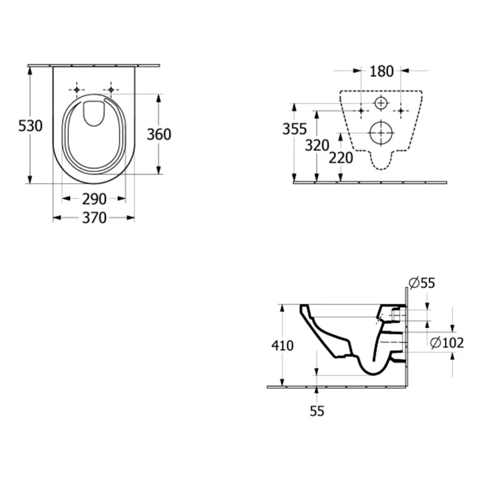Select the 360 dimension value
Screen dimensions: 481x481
coord(159,134)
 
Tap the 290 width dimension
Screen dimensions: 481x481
coord(94,199)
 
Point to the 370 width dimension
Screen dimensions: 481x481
coord(94,218)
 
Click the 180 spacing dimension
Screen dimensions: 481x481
coord(381,71)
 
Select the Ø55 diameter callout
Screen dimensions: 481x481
coord(422,283)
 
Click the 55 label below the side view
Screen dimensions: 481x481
coord(317,412)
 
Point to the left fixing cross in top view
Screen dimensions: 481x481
coord(78,90)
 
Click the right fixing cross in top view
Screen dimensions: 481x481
coord(111,90)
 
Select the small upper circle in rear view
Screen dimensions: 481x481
coord(381,104)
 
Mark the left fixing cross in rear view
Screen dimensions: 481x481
coord(361,110)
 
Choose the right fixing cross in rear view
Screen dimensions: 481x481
coord(401,110)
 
